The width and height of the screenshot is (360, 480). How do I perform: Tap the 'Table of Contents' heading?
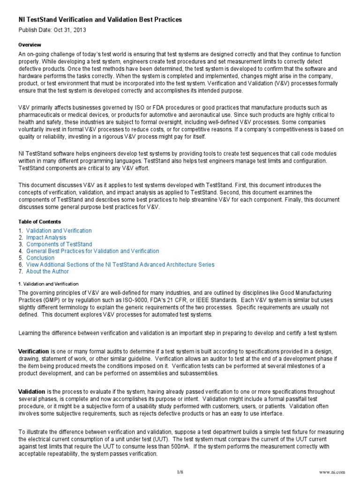pyautogui.click(x=39, y=221)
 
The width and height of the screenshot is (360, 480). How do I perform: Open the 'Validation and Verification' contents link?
pyautogui.click(x=59, y=231)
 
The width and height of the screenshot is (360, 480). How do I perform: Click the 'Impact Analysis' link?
pyautogui.click(x=46, y=238)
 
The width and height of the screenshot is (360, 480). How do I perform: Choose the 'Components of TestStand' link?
pyautogui.click(x=59, y=244)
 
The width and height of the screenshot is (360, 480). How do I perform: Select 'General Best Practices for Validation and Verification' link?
pyautogui.click(x=93, y=251)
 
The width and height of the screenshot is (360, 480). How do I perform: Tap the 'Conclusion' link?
pyautogui.click(x=40, y=258)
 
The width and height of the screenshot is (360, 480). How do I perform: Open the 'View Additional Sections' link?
pyautogui.click(x=120, y=265)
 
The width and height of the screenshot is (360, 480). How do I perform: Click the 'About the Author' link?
pyautogui.click(x=47, y=271)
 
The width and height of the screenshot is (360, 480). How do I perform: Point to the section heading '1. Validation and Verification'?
pyautogui.click(x=48, y=284)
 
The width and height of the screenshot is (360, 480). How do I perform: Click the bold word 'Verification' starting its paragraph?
pyautogui.click(x=33, y=351)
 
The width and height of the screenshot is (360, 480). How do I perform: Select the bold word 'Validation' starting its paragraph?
pyautogui.click(x=31, y=391)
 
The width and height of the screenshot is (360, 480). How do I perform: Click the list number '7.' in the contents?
pyautogui.click(x=21, y=271)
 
